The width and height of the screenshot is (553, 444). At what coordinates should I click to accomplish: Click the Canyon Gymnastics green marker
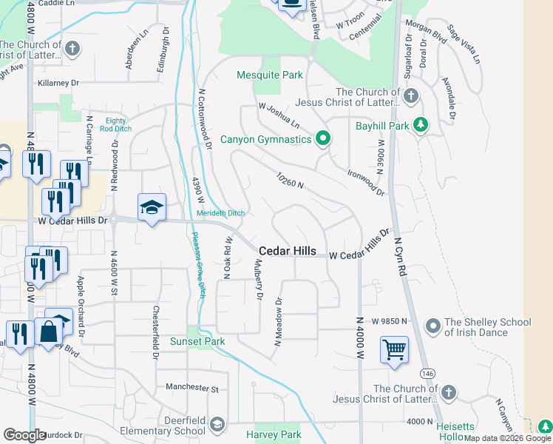[x=322, y=138]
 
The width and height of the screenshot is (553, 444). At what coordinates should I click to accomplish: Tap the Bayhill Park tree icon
[x=421, y=125]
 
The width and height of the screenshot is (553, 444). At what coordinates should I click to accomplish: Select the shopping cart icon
[x=394, y=349]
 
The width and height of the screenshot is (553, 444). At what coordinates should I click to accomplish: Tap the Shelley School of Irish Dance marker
[x=433, y=326]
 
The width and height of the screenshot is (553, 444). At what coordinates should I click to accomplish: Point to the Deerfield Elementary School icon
[x=217, y=425]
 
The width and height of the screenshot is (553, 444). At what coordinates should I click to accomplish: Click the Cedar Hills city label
[x=287, y=252]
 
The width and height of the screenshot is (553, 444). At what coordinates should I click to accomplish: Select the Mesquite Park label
[x=270, y=75]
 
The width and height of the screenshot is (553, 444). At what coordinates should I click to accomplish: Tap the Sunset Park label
[x=197, y=341]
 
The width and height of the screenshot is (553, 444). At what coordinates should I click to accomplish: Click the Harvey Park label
[x=274, y=434]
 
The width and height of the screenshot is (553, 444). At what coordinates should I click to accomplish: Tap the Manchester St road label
[x=192, y=387]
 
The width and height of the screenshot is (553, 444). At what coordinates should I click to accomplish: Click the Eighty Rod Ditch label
[x=116, y=124]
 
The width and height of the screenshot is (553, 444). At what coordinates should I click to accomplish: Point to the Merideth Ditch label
[x=220, y=213]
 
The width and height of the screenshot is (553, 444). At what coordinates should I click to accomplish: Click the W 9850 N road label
[x=390, y=321]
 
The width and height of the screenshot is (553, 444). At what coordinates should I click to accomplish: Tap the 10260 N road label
[x=291, y=181]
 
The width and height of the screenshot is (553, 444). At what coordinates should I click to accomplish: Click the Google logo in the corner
[x=24, y=435]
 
